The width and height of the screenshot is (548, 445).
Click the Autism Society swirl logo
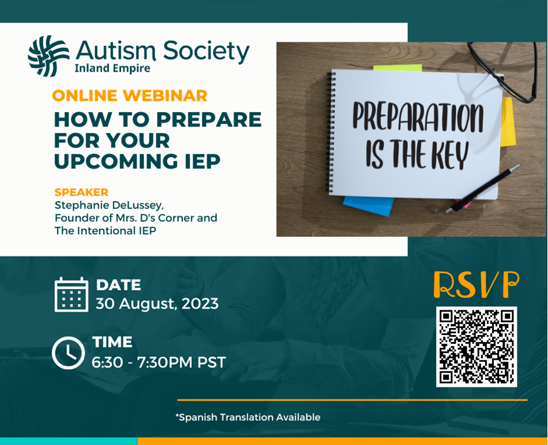tap(48, 56)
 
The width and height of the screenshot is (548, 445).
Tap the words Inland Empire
tap(112, 68)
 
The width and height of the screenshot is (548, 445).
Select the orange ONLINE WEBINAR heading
tap(129, 96)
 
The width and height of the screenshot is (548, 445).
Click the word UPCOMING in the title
tap(117, 161)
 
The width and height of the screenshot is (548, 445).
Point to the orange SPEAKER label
tap(81, 192)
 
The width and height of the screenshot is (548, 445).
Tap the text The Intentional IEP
tap(105, 230)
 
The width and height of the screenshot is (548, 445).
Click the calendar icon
tap(71, 295)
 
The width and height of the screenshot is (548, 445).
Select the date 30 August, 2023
tap(157, 304)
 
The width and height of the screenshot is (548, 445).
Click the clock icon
tap(68, 353)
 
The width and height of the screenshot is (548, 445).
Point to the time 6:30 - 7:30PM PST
tap(159, 362)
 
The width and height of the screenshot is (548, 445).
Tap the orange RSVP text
tap(476, 285)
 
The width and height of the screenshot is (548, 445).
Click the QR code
tap(476, 347)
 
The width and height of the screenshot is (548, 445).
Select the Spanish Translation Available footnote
tap(248, 417)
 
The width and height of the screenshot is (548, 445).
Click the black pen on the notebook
tap(482, 189)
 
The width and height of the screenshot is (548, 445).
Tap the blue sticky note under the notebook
tap(368, 206)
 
